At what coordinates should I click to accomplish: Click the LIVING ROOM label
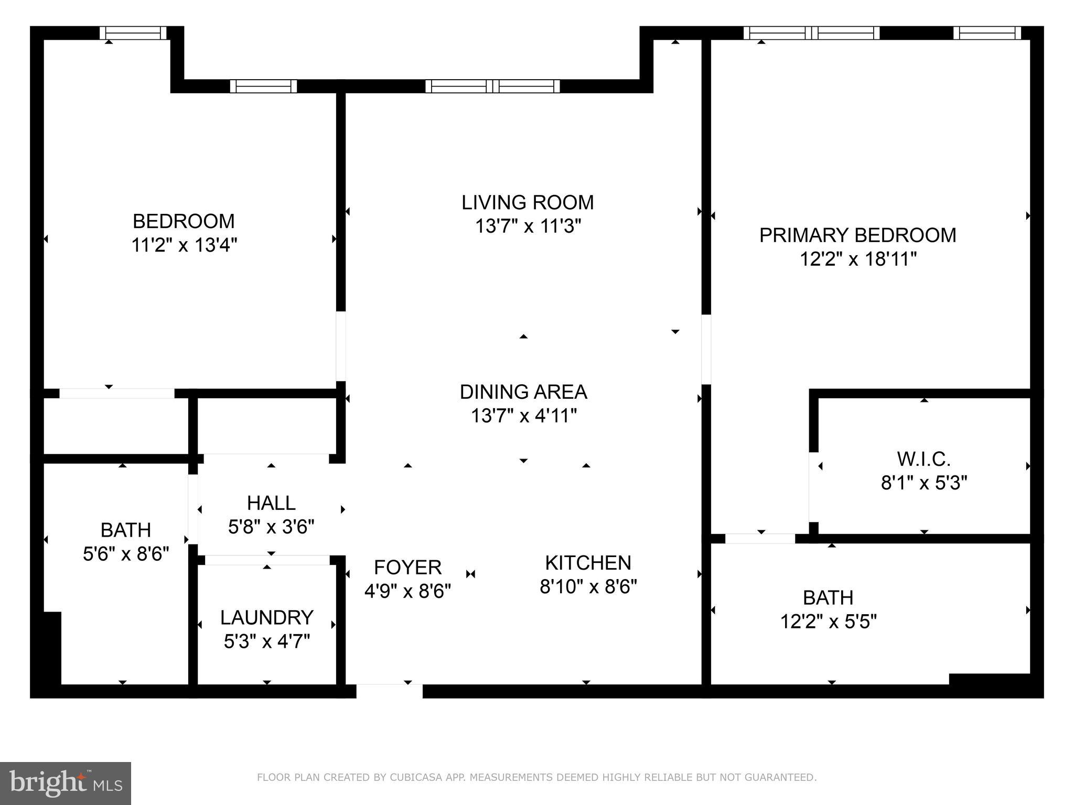pos(527,202)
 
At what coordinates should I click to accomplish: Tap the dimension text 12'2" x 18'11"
pos(857,259)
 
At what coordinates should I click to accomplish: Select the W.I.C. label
pos(923,459)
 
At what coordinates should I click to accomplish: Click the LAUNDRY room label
pos(266,617)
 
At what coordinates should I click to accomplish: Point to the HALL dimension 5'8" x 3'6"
pos(271,526)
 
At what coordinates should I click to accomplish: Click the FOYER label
pos(407,567)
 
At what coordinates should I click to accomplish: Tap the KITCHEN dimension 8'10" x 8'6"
pos(588,586)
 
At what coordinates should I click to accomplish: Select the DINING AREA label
pos(523,391)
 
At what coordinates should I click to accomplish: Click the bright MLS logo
pos(66,783)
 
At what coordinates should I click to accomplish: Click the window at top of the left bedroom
pos(133,33)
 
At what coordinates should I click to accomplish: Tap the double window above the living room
pos(492,86)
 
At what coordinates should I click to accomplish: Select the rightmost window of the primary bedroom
pos(986,33)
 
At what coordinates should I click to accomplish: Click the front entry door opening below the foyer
pos(389,691)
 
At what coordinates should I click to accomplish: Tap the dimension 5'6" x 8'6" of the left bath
pos(126,553)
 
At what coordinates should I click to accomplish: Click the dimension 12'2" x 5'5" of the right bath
pos(828,622)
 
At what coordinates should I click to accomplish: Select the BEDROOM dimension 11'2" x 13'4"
pos(184,245)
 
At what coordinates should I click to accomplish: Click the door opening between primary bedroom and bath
pos(760,538)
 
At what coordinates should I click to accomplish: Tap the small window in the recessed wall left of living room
pos(263,86)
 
